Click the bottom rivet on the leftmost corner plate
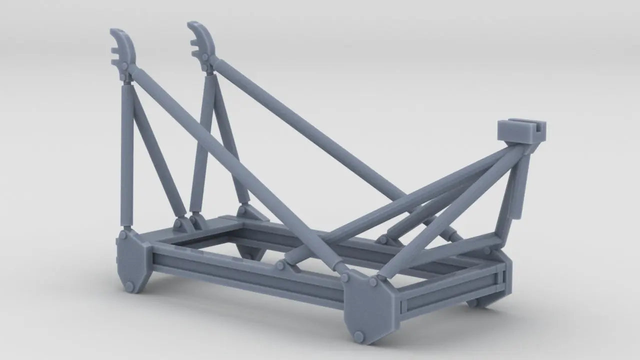click(128, 286)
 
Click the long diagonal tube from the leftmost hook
click(235, 170)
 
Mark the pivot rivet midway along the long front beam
click(280, 265)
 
